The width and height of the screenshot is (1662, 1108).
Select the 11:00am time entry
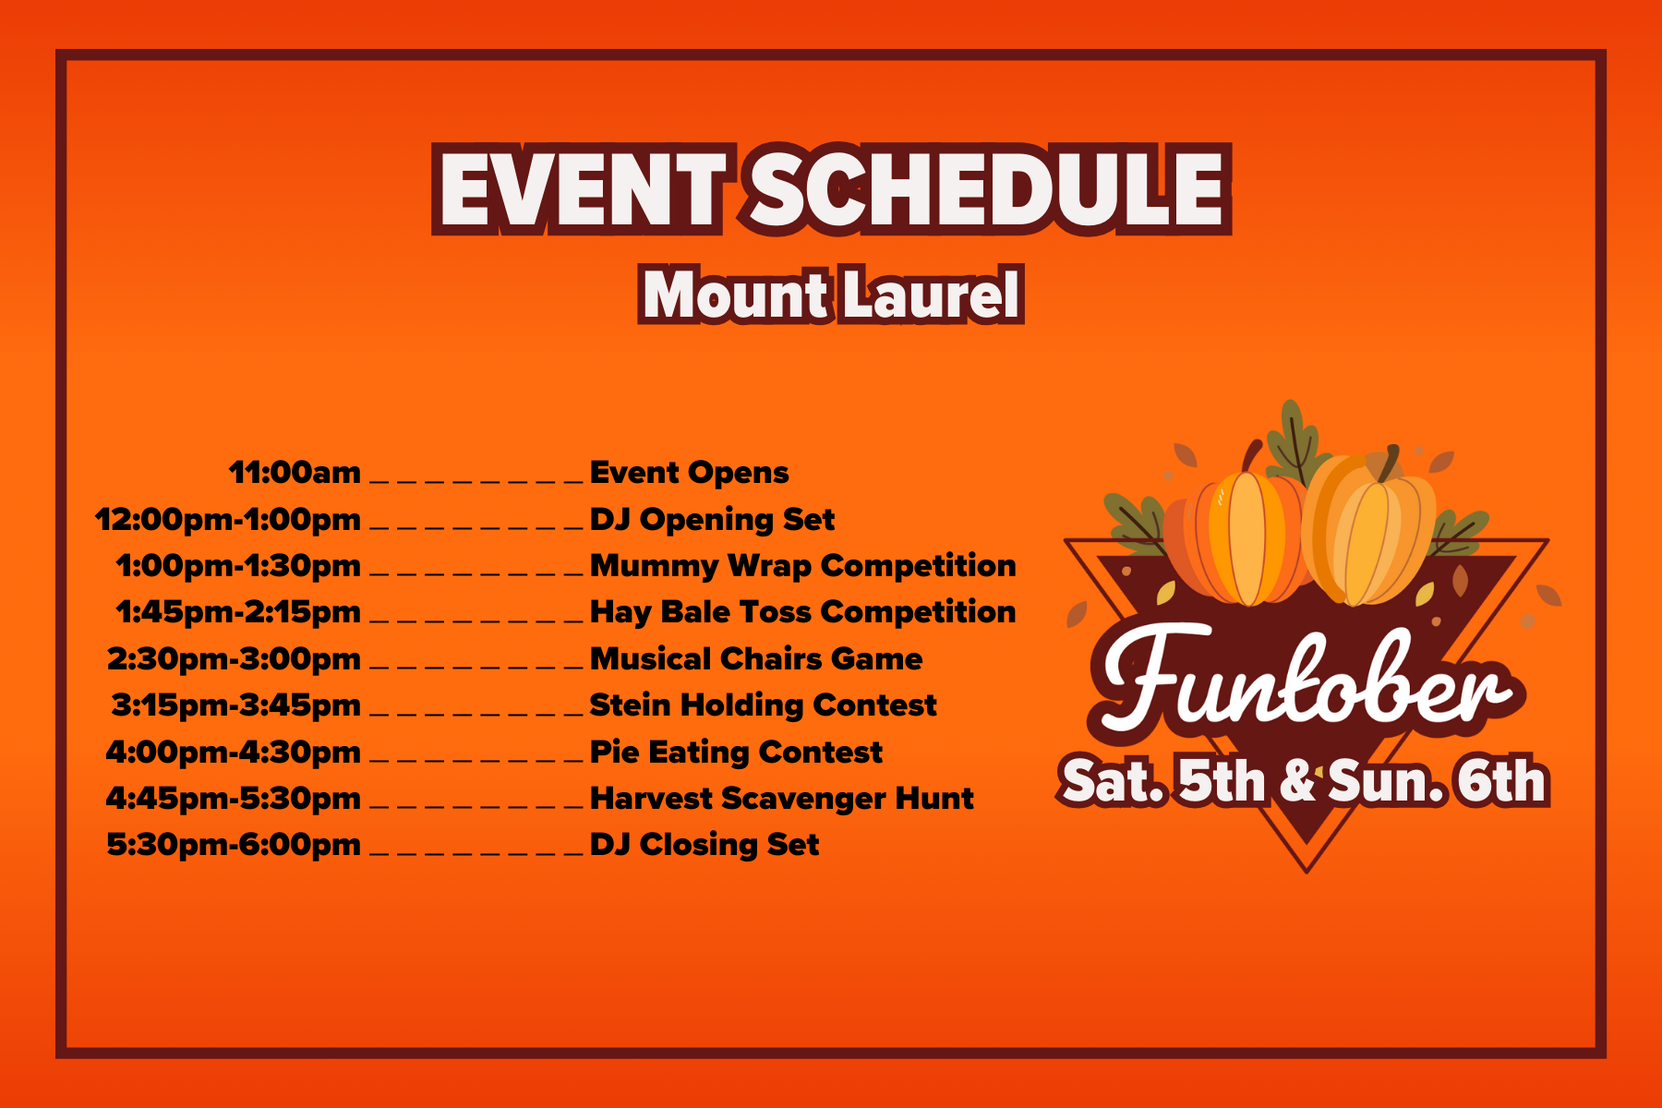click(295, 473)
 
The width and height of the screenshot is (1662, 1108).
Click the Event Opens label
click(689, 473)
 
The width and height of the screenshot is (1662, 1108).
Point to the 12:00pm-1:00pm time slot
click(228, 520)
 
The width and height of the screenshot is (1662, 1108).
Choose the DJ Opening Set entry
click(712, 520)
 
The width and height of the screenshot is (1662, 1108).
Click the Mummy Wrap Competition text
click(802, 566)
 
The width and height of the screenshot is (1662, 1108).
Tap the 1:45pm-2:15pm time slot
click(238, 612)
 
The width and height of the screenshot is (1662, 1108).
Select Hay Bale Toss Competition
click(802, 612)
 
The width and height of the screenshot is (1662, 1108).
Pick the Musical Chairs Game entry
click(755, 659)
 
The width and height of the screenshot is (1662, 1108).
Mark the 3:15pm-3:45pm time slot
click(236, 705)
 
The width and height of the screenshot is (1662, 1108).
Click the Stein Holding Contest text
click(763, 705)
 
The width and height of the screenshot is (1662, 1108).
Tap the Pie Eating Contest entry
click(736, 753)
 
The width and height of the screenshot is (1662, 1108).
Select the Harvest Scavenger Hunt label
click(781, 799)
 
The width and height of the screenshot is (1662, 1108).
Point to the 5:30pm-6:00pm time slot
click(234, 845)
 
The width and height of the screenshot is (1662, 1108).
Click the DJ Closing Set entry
click(705, 845)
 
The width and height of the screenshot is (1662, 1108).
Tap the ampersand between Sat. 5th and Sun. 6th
click(1298, 781)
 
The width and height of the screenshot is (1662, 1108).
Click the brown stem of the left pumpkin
click(1252, 454)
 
